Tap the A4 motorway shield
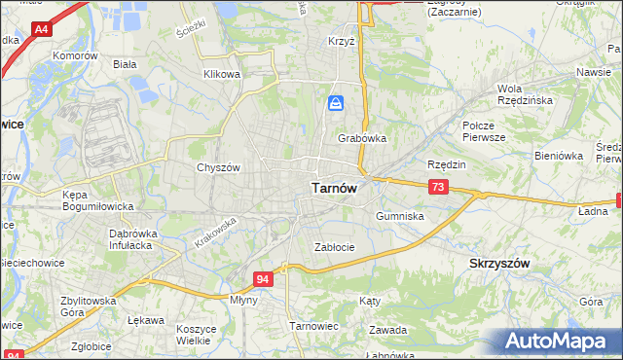tap(41, 30)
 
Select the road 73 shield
tap(438, 186)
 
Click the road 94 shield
tap(264, 279)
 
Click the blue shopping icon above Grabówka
tap(336, 103)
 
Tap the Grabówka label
tap(362, 138)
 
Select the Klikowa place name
tap(221, 74)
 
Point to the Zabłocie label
tap(334, 247)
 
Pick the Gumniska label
tap(399, 216)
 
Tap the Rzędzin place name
tap(447, 164)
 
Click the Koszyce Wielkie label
tap(196, 335)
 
